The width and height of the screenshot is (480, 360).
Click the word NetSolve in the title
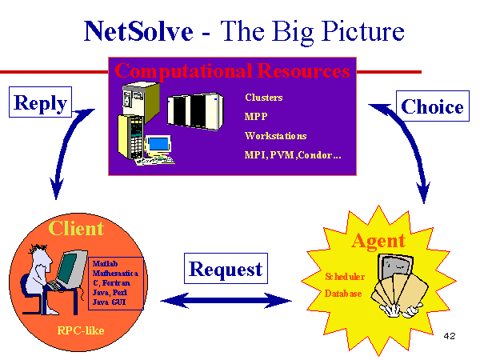(138, 31)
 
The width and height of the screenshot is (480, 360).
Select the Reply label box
(41, 102)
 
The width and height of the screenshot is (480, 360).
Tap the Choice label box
(433, 106)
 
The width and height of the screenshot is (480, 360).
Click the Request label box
(226, 269)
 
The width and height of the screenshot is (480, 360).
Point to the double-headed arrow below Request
(226, 301)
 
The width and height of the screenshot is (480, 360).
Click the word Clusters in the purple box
(263, 98)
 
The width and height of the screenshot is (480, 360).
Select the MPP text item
(256, 117)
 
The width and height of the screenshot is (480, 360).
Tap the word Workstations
(275, 136)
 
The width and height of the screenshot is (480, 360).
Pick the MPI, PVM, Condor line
(293, 155)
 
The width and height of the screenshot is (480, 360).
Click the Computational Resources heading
(232, 71)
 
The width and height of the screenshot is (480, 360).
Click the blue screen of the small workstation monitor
(158, 143)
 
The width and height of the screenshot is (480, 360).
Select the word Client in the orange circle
(76, 228)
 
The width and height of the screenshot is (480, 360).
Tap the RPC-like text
(81, 330)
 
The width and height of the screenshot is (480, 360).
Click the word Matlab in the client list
(105, 263)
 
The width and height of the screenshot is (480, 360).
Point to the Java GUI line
(109, 302)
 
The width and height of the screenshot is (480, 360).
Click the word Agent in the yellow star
(378, 241)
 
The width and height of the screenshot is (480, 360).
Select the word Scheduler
(345, 277)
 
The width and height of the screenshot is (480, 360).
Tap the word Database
(343, 294)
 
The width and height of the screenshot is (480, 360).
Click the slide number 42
(450, 336)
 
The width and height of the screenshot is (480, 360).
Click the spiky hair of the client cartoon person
(38, 248)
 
